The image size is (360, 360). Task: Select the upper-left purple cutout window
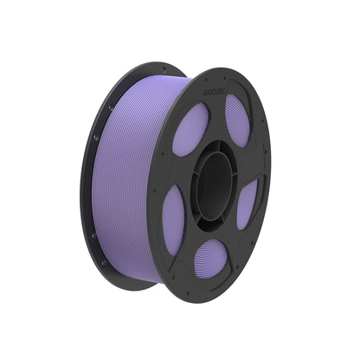coord(190,129)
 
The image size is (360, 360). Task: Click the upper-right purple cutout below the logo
coord(237,119)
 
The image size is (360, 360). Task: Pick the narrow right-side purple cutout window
coord(247,203)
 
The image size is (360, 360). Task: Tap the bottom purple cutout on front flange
coord(210,257)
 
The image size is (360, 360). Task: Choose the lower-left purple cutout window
coord(174,220)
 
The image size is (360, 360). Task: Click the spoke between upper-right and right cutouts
coord(248,164)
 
